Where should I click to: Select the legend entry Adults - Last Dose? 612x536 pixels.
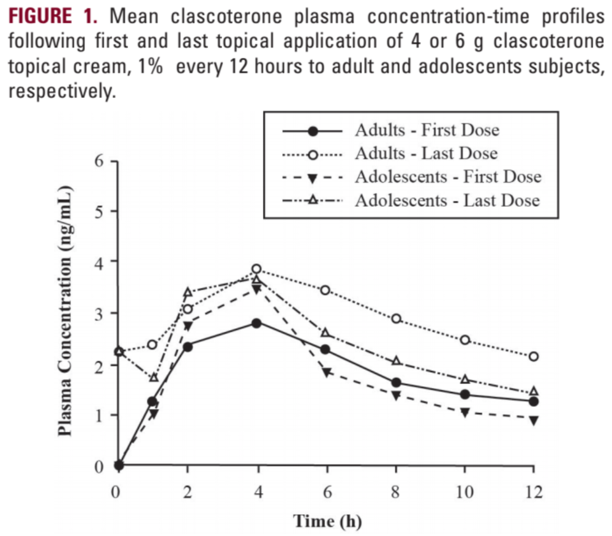[x=426, y=153]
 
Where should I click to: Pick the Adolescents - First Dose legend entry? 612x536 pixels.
[x=448, y=177]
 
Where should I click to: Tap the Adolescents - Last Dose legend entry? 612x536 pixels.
[x=447, y=200]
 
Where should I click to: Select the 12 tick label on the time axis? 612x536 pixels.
[x=533, y=493]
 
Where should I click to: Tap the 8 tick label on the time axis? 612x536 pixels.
[x=395, y=493]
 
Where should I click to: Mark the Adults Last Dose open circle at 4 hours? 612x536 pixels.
[x=256, y=269]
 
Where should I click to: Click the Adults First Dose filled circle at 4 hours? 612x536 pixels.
[x=256, y=323]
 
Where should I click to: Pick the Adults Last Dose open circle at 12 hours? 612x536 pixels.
[x=534, y=356]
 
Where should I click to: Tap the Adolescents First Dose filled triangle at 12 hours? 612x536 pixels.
[x=534, y=420]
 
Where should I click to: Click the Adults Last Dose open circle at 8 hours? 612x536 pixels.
[x=395, y=318]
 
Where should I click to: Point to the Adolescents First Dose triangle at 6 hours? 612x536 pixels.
[x=326, y=372]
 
